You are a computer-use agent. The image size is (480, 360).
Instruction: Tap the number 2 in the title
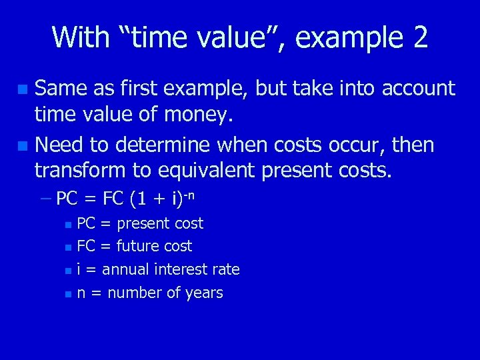point(419,37)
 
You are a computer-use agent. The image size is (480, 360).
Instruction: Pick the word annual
point(125,269)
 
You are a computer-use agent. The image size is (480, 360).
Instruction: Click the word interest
point(180,269)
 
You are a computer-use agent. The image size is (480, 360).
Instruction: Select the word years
point(203,293)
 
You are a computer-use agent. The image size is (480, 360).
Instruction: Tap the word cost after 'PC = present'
point(189,223)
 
